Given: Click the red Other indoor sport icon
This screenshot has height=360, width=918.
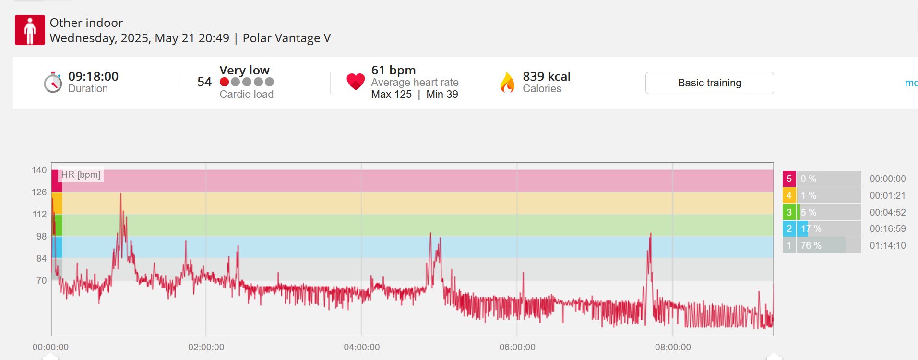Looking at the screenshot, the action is [x=30, y=30].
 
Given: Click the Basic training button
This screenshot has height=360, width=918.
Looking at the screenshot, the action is [x=709, y=83].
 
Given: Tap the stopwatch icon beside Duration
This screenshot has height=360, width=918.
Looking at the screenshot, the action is [x=53, y=82].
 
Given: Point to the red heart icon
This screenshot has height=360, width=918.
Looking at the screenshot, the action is [x=356, y=82].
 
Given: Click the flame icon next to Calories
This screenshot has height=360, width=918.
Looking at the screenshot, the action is [x=507, y=82].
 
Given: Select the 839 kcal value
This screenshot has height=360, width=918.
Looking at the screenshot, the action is [x=547, y=76].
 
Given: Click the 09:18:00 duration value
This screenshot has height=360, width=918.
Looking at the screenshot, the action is [x=93, y=76].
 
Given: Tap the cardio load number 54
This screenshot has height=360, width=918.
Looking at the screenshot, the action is [x=204, y=82].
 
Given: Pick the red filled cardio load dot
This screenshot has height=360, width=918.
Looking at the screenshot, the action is [x=224, y=82].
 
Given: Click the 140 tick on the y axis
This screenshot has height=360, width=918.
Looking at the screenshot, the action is [x=39, y=170].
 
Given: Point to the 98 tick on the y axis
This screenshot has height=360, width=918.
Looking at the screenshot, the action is [x=42, y=236].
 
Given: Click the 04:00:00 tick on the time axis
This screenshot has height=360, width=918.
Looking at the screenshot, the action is [x=362, y=347].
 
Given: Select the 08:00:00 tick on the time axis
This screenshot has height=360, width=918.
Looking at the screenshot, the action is [x=673, y=347].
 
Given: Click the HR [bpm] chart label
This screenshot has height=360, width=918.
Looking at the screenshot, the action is [x=81, y=175].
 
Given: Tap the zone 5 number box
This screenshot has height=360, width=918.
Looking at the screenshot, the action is [x=789, y=179].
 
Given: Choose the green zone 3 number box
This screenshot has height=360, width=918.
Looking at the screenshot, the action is [x=789, y=212].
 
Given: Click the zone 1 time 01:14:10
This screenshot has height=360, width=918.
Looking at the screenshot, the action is [x=888, y=245].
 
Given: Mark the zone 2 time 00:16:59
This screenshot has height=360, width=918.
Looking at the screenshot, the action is [x=888, y=229].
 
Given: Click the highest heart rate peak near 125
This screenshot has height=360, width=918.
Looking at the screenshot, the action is [x=121, y=194].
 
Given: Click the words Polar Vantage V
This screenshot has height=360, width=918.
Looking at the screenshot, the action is [x=286, y=38].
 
